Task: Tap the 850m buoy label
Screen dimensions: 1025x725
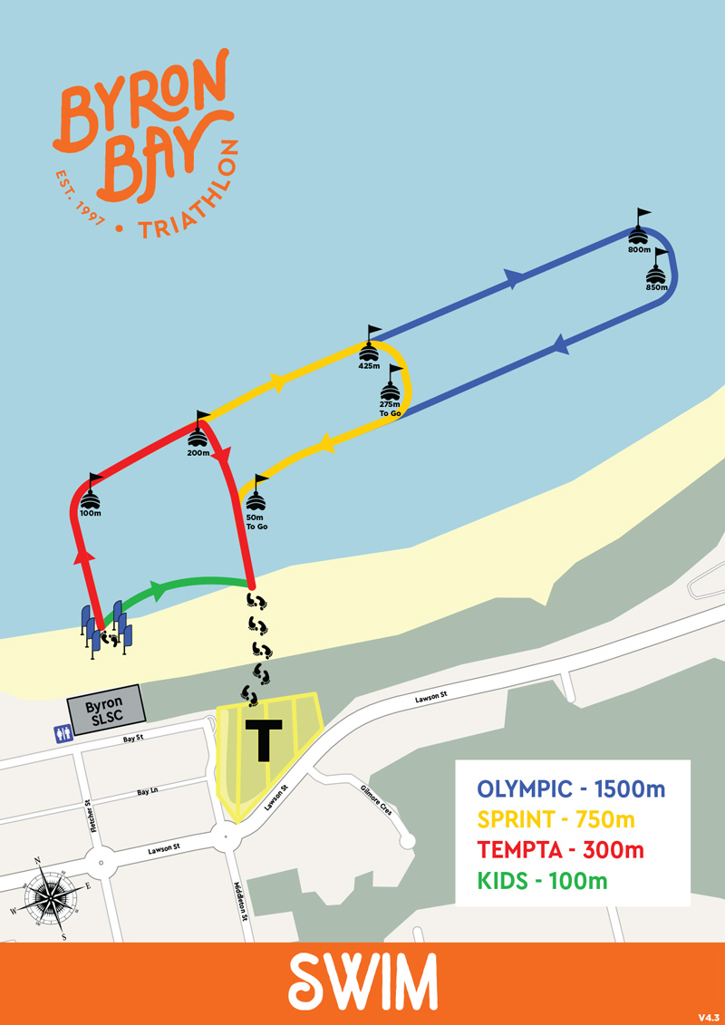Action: coord(657,287)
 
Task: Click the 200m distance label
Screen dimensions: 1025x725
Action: coord(198,453)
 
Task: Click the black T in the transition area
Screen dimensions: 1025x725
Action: coord(265,740)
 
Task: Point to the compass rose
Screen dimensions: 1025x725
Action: coord(50,893)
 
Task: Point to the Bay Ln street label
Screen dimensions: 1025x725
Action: coord(148,791)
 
